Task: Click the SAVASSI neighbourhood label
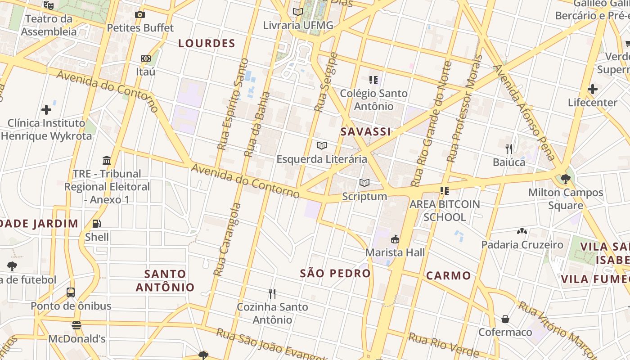tap(365, 132)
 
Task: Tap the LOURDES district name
tap(207, 44)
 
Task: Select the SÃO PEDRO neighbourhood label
tap(335, 273)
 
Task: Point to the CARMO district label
tap(448, 276)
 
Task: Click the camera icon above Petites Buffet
tap(140, 14)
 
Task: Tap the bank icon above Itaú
tap(145, 58)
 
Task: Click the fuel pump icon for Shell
tap(97, 223)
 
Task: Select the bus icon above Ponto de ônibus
tap(71, 292)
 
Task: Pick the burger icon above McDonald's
tap(76, 325)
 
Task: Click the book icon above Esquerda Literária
tap(321, 145)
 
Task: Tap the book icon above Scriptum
tap(364, 183)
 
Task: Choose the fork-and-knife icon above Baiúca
tap(509, 148)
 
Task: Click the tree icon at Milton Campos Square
tap(565, 179)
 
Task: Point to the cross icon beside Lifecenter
tap(592, 89)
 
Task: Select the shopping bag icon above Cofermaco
tap(505, 319)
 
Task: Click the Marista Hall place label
tap(395, 252)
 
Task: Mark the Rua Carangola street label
tap(228, 239)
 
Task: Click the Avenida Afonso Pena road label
tap(524, 112)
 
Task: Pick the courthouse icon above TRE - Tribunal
tap(107, 160)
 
